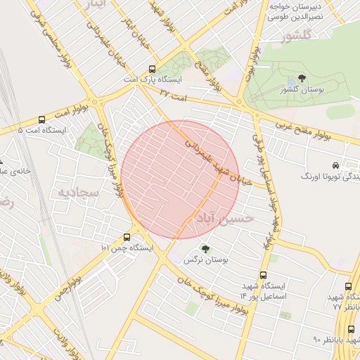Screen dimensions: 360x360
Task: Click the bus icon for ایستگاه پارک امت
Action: coord(152,70)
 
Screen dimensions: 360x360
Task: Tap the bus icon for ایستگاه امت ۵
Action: coord(41,120)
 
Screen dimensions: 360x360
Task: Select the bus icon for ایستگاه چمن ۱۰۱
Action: coord(127,237)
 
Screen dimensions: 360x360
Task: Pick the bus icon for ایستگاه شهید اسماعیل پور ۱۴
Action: coord(263,276)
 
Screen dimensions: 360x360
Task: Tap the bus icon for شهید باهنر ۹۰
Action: coord(351,330)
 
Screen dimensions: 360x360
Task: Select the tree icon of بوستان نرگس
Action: coord(205,249)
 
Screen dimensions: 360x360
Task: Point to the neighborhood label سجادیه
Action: coord(76,191)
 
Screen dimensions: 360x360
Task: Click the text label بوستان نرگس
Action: coord(198,260)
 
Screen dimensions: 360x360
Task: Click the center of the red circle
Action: coord(180,179)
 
